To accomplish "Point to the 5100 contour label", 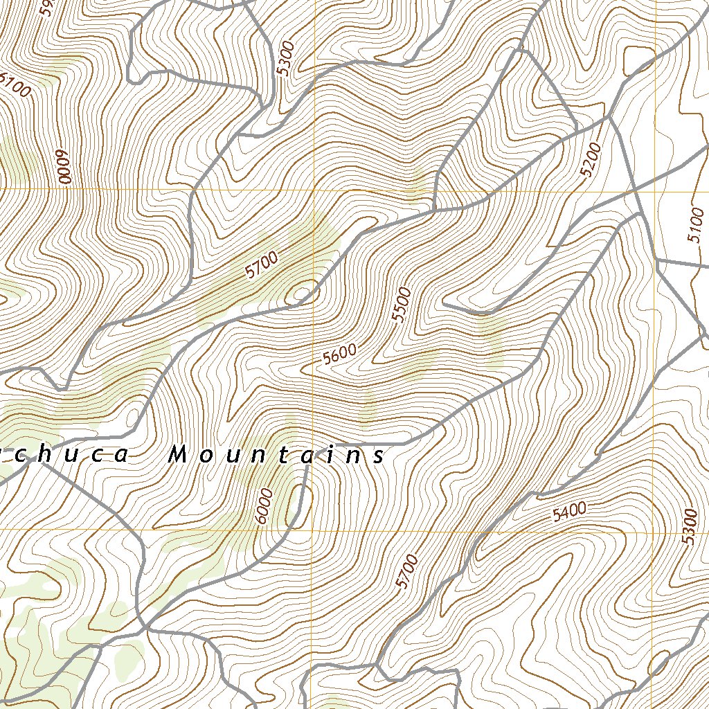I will [x=696, y=226].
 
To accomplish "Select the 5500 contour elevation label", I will [x=401, y=305].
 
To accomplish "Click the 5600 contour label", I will [x=339, y=354].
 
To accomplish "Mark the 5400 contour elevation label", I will [x=569, y=512].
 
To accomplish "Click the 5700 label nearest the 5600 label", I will [x=261, y=264].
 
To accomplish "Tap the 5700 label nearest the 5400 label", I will [x=408, y=571].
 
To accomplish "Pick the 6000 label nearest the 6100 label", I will [x=64, y=167].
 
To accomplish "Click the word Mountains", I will [x=277, y=455].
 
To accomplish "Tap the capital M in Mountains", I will [x=178, y=455].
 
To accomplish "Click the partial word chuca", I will [x=66, y=455].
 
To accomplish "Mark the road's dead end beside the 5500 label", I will [x=444, y=304].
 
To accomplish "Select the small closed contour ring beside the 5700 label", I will [x=302, y=294].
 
